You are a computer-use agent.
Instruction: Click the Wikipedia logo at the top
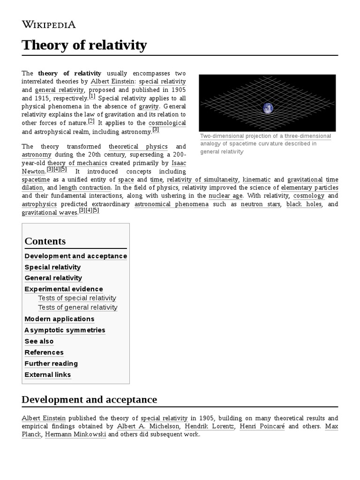(x=49, y=25)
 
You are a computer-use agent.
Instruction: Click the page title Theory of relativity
(x=84, y=45)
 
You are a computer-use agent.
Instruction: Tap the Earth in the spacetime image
(x=268, y=108)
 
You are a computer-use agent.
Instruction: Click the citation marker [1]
(x=92, y=97)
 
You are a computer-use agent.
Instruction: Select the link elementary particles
(x=309, y=187)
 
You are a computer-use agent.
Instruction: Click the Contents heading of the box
(x=45, y=241)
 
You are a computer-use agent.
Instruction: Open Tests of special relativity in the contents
(x=77, y=298)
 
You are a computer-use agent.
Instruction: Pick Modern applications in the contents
(x=60, y=319)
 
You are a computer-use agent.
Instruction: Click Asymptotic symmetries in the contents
(x=65, y=330)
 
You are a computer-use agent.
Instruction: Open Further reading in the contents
(x=51, y=364)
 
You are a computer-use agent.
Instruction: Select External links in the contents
(x=48, y=375)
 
